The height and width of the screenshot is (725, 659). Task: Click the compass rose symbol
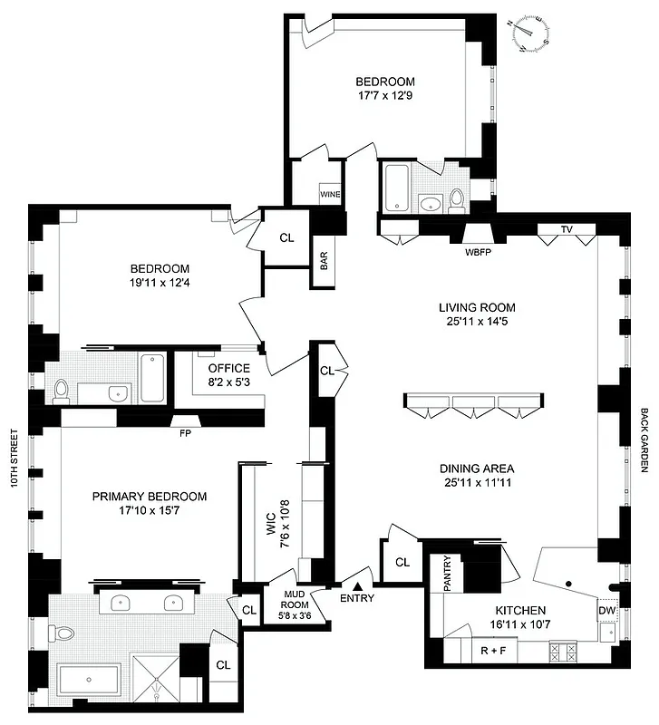click(x=529, y=34)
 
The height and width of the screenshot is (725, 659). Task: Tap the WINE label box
click(x=330, y=194)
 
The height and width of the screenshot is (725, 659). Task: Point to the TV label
click(x=567, y=229)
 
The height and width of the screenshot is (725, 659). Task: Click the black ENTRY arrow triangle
click(x=358, y=586)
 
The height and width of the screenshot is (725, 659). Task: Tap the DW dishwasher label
click(x=607, y=613)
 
